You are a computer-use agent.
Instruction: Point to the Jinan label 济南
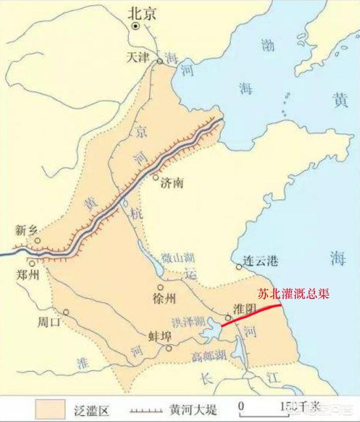coord(172,183)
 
